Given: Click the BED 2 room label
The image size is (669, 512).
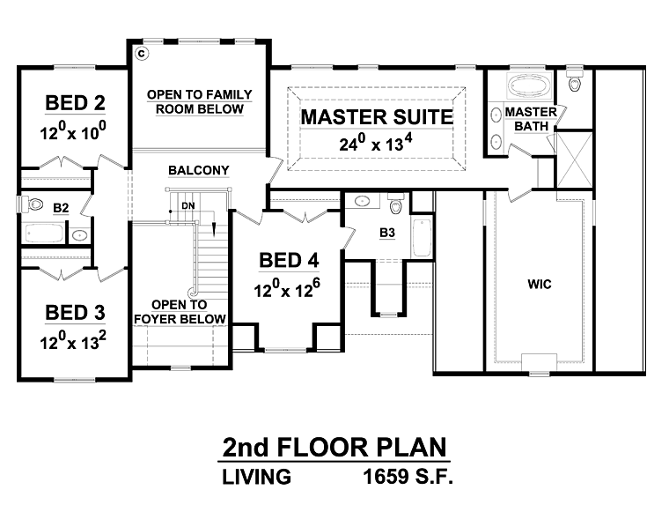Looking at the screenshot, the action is pyautogui.click(x=75, y=103).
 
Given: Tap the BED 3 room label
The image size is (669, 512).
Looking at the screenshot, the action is pyautogui.click(x=75, y=313).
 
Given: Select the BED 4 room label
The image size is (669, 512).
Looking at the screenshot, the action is pyautogui.click(x=289, y=260).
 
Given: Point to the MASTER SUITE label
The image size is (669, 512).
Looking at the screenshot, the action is pyautogui.click(x=377, y=117).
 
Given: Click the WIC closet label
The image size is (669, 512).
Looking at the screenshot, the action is pyautogui.click(x=540, y=284).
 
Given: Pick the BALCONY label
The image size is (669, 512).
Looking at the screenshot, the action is pyautogui.click(x=198, y=170).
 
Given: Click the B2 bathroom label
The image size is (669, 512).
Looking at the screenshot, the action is pyautogui.click(x=61, y=208).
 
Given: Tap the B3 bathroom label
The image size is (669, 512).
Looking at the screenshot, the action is pyautogui.click(x=387, y=233).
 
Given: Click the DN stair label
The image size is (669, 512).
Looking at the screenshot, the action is pyautogui.click(x=188, y=206).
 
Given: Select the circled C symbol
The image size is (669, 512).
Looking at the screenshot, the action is pyautogui.click(x=142, y=54).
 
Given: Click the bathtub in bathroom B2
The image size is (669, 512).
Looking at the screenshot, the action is pyautogui.click(x=44, y=234).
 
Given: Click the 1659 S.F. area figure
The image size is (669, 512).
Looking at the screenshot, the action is pyautogui.click(x=408, y=477).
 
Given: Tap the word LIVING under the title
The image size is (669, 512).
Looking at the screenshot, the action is pyautogui.click(x=256, y=477).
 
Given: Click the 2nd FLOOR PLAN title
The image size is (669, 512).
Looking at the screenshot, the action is pyautogui.click(x=334, y=447).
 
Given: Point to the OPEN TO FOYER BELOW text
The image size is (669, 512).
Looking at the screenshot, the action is pyautogui.click(x=180, y=312).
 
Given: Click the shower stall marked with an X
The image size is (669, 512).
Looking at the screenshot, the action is pyautogui.click(x=574, y=160).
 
